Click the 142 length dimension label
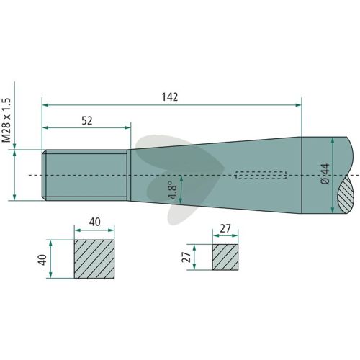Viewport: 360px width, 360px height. [170, 97]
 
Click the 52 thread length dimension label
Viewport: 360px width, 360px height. [87, 120]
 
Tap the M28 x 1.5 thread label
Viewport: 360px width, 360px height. [6, 120]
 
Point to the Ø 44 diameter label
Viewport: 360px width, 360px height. [325, 174]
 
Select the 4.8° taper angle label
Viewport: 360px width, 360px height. [173, 190]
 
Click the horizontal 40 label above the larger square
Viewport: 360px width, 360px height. [95, 222]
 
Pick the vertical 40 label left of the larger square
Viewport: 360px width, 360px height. [42, 260]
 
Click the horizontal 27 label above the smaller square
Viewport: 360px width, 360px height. [225, 229]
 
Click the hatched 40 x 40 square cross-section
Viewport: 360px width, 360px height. [94, 259]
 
